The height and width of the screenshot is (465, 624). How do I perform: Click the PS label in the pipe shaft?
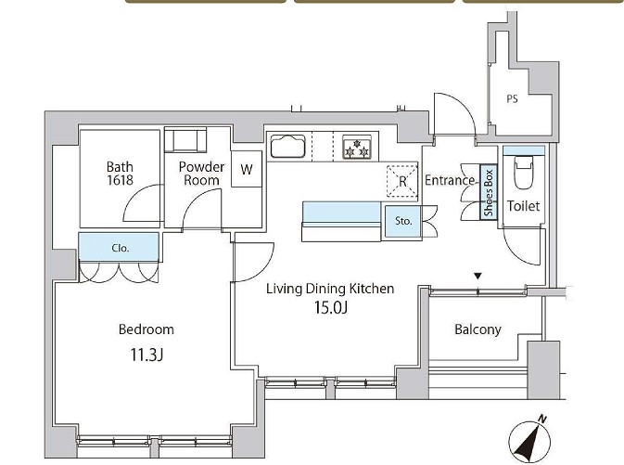coord(512,98)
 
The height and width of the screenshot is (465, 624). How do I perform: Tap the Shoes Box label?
coord(489,192)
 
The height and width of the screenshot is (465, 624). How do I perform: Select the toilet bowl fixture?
coord(524,172)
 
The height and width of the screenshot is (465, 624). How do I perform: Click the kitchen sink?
coord(287,147)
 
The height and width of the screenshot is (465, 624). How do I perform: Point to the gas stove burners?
coord(357,149)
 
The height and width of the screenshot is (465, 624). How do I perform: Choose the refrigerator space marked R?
coord(402,181)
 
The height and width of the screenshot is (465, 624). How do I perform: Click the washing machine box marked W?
coord(247,169)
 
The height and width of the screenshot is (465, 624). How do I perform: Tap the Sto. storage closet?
coord(403,221)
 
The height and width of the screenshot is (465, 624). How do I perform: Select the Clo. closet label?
coord(121,248)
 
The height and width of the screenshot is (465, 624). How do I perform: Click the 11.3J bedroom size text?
coord(146,355)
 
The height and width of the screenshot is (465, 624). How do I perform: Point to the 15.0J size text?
coord(331,307)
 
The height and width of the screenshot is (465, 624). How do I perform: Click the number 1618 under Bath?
coord(121,180)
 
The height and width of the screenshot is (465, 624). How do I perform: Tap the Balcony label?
coord(478,329)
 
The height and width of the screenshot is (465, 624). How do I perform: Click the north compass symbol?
coord(530,441)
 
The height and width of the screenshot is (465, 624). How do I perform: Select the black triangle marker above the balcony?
coord(478,276)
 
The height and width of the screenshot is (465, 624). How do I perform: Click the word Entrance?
coord(450,180)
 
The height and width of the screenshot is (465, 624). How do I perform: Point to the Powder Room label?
coord(201,174)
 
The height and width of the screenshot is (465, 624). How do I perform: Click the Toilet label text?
coord(523,206)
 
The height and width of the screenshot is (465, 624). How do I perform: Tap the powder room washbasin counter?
coord(185,140)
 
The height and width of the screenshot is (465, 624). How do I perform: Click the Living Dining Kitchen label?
coord(330,289)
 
